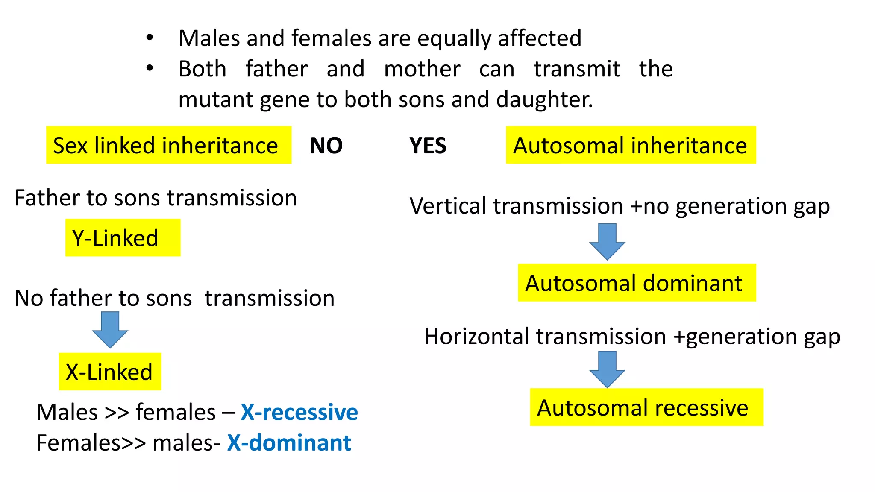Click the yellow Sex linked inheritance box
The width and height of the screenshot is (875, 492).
tap(168, 145)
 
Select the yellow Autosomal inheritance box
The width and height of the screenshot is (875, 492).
tap(631, 145)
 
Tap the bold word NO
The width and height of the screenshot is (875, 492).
tap(326, 146)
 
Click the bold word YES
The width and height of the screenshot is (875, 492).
tap(428, 146)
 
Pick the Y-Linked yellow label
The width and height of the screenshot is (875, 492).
tap(123, 238)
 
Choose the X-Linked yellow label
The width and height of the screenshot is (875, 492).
tap(110, 372)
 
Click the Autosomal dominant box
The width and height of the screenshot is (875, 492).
tap(637, 283)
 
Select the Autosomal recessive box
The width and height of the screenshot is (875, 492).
tap(646, 407)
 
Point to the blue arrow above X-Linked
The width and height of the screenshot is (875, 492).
tap(110, 329)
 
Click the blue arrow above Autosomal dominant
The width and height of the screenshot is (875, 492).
tap(607, 241)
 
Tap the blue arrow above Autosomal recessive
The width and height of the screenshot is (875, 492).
tap(607, 369)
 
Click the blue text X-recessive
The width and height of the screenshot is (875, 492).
tap(299, 412)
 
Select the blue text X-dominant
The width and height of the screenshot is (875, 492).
tap(289, 443)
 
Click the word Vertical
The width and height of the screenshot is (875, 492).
tap(449, 206)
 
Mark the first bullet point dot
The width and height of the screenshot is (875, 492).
tap(149, 38)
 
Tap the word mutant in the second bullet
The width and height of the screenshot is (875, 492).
tap(216, 100)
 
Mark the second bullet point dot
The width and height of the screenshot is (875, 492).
tap(149, 68)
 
